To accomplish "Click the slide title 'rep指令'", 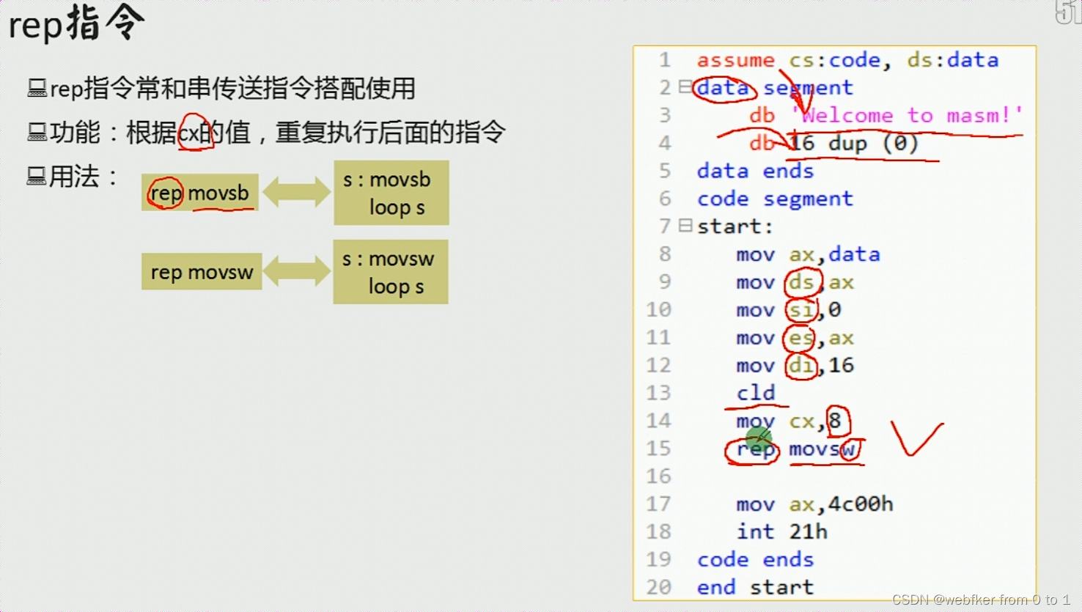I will (x=76, y=23).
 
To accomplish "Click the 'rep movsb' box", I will (x=199, y=193).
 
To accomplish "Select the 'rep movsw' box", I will (x=202, y=272).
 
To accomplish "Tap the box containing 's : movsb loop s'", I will (x=391, y=193).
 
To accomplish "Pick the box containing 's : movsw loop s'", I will (x=390, y=272).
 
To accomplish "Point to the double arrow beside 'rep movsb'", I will (x=296, y=193).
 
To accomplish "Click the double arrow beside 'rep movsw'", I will (x=296, y=272).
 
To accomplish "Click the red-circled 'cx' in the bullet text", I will (x=194, y=133).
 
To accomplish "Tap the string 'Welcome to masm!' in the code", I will (x=908, y=115).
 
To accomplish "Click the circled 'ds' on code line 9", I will (x=801, y=282).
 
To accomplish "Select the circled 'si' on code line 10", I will (x=801, y=310).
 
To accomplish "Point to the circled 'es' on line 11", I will (x=800, y=338).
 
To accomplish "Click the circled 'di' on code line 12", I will (x=801, y=365).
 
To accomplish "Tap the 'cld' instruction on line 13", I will (x=756, y=393).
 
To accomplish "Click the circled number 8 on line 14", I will (x=836, y=421).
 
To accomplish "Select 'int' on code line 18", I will (x=755, y=531).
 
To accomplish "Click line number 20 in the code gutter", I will (x=658, y=587).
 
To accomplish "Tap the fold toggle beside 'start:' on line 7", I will (x=685, y=226).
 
